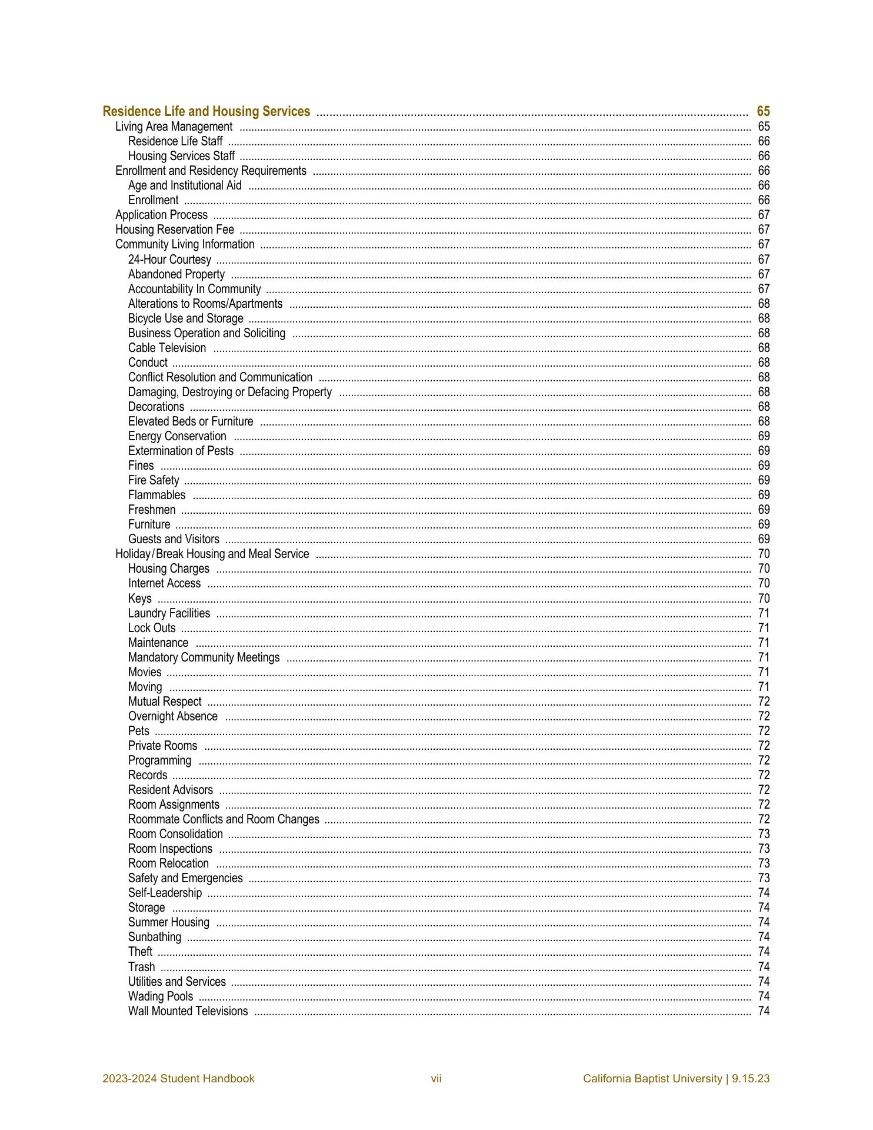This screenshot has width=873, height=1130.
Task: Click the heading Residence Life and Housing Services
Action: (x=206, y=111)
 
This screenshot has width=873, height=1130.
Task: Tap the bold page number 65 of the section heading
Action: (x=763, y=111)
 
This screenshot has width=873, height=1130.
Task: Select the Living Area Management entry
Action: (x=174, y=127)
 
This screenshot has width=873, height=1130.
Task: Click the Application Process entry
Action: (x=161, y=215)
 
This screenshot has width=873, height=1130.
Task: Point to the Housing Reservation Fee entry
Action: (x=174, y=230)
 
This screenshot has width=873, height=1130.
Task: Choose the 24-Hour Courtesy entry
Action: (x=169, y=260)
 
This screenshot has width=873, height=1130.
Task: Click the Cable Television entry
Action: (x=167, y=348)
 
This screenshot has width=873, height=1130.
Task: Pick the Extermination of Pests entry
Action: (x=181, y=451)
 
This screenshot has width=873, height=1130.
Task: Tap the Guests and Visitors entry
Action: (x=174, y=539)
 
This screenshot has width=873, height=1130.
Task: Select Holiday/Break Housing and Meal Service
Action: (x=212, y=554)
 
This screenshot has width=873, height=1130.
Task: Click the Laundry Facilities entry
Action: (x=169, y=613)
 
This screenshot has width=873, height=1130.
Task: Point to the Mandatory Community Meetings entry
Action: (x=204, y=657)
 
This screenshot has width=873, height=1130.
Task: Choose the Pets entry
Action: (x=139, y=731)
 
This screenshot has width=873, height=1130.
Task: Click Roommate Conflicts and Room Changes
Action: (x=224, y=819)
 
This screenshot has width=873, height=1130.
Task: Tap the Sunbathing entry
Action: (x=155, y=937)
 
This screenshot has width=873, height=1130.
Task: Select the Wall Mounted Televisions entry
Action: (x=188, y=1011)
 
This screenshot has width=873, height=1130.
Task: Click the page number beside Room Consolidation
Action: (x=764, y=834)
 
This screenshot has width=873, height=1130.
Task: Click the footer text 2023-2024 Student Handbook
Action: (x=178, y=1079)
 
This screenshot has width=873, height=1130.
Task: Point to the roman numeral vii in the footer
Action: (x=436, y=1079)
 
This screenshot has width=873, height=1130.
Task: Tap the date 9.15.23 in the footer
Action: (x=751, y=1079)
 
